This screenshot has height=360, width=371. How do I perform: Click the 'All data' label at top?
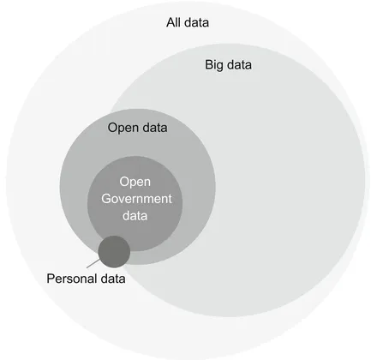click(188, 21)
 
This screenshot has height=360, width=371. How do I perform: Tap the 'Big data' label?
click(228, 64)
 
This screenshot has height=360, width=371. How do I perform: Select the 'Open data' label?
click(137, 129)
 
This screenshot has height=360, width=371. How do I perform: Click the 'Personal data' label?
click(85, 279)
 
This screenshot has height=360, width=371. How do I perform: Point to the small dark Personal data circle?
click(114, 251)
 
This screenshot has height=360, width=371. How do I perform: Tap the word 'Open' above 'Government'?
click(135, 182)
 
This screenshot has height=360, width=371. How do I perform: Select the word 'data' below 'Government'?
click(135, 216)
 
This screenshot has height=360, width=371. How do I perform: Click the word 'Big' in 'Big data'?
click(214, 64)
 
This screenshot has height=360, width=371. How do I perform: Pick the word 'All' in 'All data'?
click(174, 21)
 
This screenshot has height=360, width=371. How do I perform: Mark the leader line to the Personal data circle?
click(93, 262)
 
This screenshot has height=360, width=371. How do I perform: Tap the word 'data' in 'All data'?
click(198, 21)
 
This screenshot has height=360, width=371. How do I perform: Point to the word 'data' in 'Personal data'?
click(112, 279)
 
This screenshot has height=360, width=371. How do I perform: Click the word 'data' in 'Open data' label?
click(153, 129)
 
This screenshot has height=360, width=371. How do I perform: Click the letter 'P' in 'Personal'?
click(49, 279)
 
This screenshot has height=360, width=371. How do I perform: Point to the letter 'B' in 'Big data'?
click(208, 64)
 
